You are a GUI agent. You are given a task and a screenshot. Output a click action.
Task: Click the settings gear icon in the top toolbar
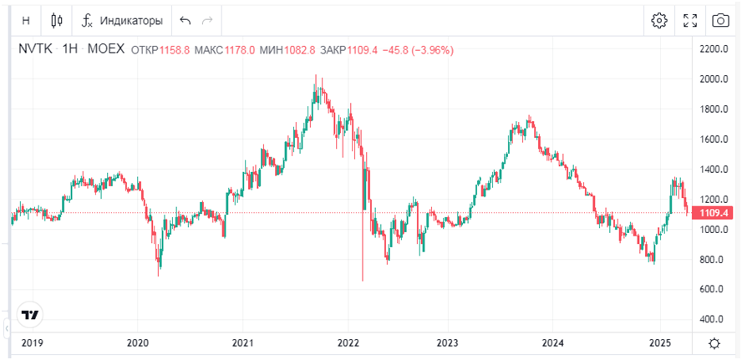659,20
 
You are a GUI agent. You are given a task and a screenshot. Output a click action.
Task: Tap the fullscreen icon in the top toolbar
690,20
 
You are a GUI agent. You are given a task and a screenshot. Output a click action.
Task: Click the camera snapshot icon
719,20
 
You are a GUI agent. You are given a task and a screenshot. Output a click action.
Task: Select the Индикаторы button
124,20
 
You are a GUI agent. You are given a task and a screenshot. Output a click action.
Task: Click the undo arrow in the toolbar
185,20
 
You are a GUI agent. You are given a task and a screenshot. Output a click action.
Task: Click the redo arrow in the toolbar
207,20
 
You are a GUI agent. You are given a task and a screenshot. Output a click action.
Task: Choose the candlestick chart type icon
57,20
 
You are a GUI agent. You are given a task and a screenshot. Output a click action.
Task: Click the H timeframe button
26,20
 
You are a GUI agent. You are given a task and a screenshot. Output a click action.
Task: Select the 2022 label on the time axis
348,343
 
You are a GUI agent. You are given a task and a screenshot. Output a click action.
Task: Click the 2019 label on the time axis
31,343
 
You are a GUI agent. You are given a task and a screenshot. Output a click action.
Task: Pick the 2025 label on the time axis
660,343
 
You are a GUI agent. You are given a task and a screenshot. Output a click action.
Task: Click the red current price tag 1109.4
715,213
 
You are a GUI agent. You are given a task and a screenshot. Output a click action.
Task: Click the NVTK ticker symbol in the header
35,50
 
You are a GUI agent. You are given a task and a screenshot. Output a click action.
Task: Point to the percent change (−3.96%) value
429,50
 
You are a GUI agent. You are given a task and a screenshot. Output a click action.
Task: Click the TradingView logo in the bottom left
31,315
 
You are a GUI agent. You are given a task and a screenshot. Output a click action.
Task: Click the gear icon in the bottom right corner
714,343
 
